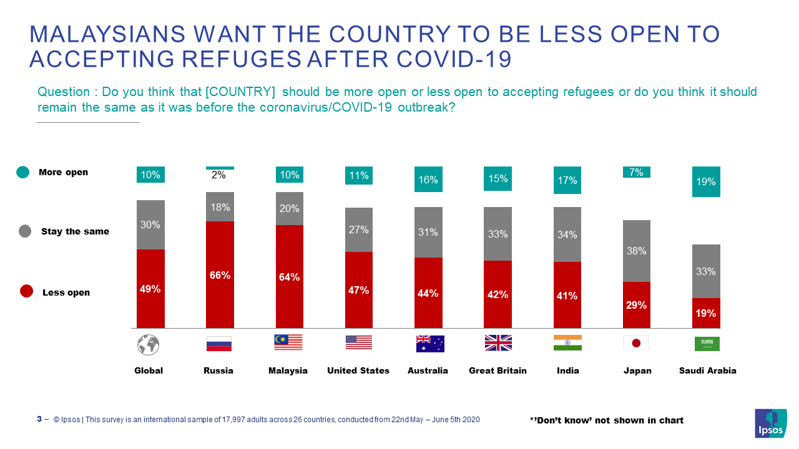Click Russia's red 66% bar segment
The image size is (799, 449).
(x=220, y=274)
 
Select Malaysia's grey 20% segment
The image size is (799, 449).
(x=289, y=208)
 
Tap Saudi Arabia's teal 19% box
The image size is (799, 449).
(x=706, y=181)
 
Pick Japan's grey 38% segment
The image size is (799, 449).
(x=636, y=251)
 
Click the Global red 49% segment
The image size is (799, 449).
(x=150, y=288)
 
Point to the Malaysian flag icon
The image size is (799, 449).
(x=288, y=342)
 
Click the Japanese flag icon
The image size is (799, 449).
(x=636, y=343)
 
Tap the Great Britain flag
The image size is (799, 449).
(x=498, y=343)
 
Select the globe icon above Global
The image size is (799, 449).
(x=149, y=344)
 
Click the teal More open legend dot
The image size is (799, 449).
(x=23, y=173)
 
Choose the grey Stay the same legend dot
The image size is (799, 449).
(x=25, y=231)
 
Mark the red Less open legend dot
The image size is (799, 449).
(x=26, y=292)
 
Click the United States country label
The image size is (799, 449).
(x=358, y=370)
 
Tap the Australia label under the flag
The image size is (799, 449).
(x=428, y=370)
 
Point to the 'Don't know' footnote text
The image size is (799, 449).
(x=606, y=420)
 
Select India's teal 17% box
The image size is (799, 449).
(x=567, y=180)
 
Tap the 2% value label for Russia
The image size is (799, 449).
(x=218, y=175)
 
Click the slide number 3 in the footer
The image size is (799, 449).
(x=39, y=420)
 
